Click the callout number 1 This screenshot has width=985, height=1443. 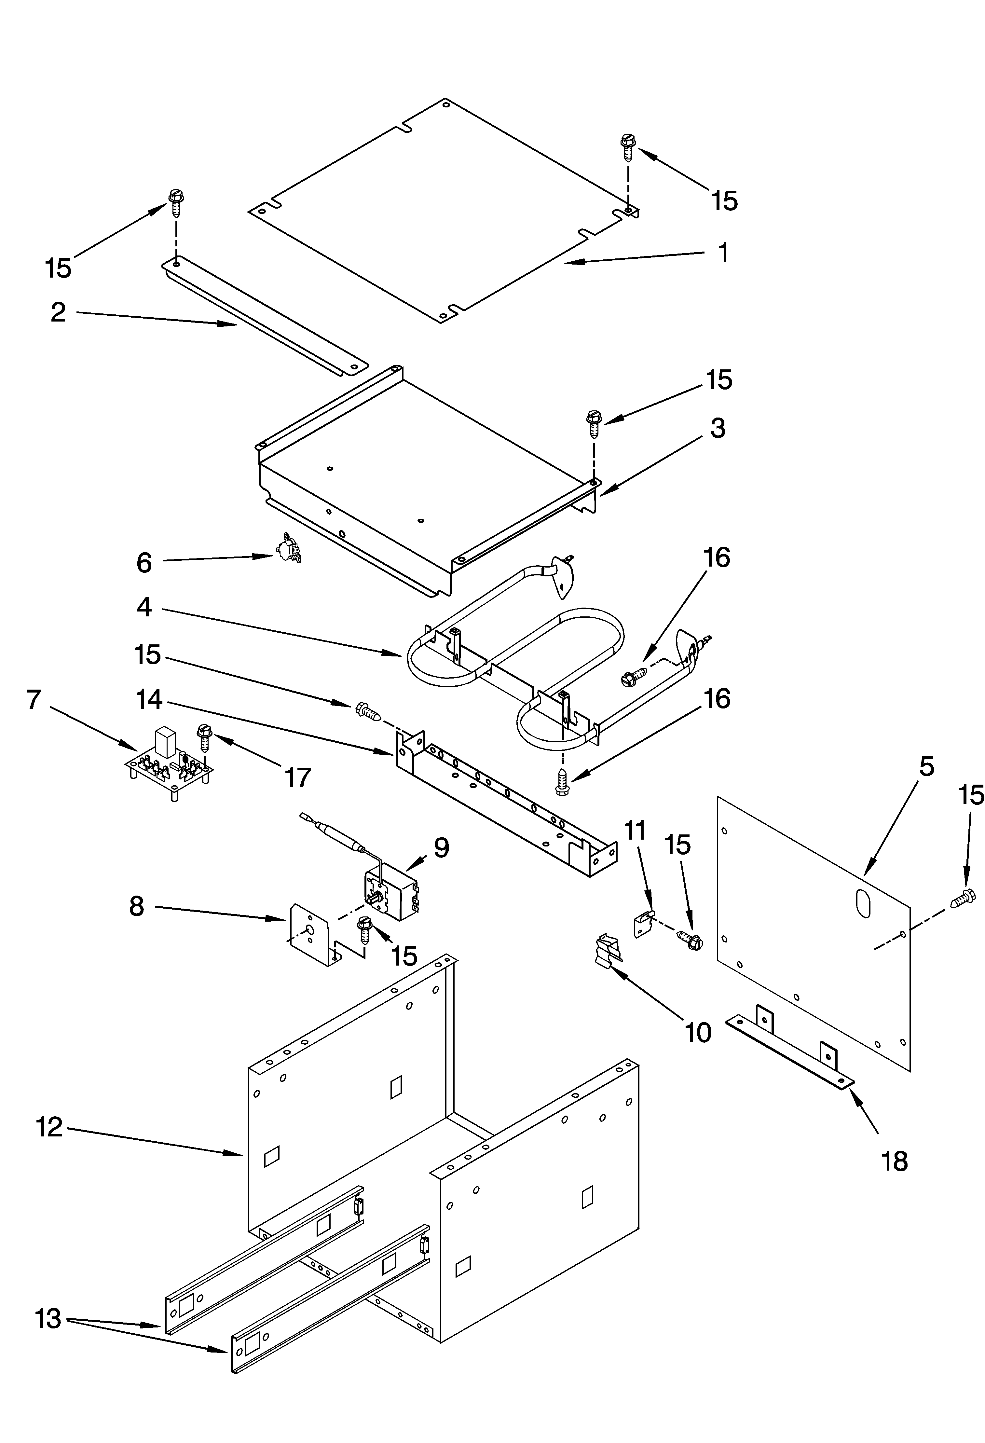tap(723, 253)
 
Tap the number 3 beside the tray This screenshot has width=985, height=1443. tap(718, 428)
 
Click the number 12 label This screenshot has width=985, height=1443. tap(49, 1127)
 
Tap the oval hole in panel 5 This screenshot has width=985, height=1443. tap(862, 902)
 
